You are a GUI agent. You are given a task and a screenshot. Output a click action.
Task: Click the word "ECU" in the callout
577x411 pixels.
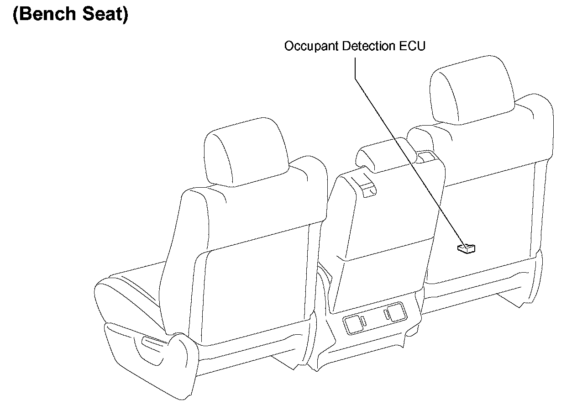pos(414,46)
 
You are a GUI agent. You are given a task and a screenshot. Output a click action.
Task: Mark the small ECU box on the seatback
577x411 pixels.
pos(466,248)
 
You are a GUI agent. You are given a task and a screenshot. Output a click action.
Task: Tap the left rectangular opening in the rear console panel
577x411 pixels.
pos(353,324)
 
